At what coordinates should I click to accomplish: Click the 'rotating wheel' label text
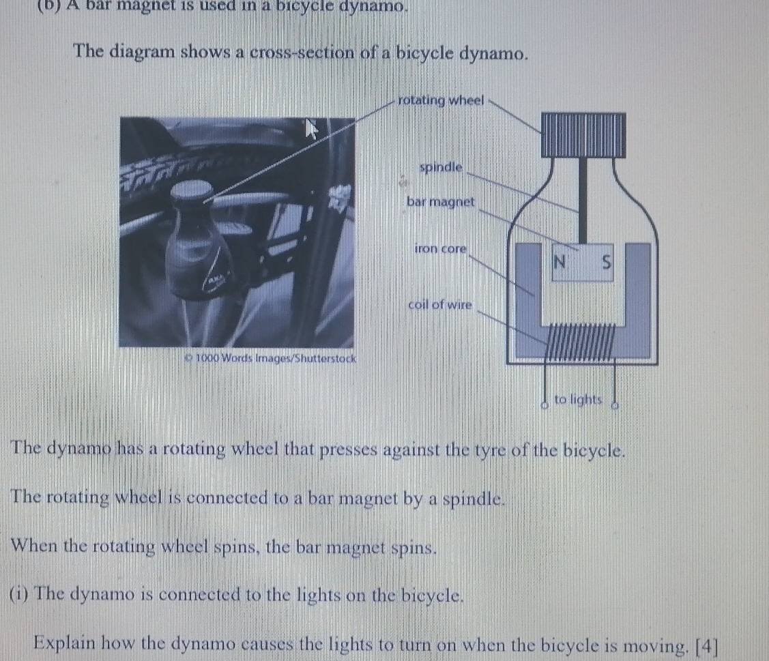pos(441,100)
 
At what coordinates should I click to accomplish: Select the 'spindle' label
pos(441,167)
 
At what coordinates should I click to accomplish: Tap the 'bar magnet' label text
pos(440,201)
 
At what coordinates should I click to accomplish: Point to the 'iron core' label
pos(440,248)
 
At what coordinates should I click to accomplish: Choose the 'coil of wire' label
pos(440,304)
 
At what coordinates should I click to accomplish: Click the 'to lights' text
pos(578,399)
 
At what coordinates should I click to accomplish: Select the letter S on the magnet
pos(607,263)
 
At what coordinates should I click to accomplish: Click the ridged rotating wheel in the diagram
pos(583,135)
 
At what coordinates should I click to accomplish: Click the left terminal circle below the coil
pos(544,405)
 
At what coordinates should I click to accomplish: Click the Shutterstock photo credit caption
pos(271,358)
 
